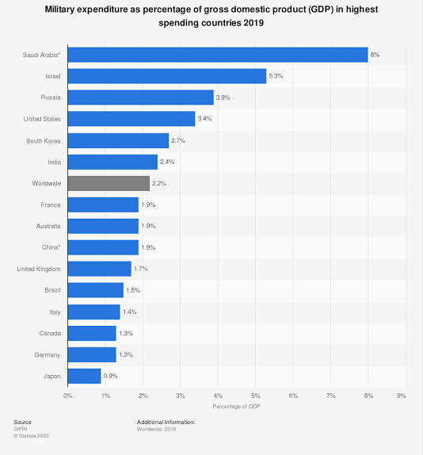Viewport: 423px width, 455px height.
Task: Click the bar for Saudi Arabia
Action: [x=218, y=55]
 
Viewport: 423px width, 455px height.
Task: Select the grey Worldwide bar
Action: [x=109, y=183]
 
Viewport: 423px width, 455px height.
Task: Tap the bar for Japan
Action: [x=85, y=376]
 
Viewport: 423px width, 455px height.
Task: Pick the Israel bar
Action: [x=167, y=76]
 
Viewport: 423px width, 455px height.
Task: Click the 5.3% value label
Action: [x=276, y=76]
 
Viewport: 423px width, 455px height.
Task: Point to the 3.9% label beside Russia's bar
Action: [x=223, y=97]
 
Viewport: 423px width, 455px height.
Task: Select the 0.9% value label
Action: [x=110, y=376]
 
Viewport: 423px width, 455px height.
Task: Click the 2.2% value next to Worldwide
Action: [x=159, y=183]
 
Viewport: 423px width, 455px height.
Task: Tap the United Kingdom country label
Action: [x=39, y=269]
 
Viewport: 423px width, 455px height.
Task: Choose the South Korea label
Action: [x=44, y=141]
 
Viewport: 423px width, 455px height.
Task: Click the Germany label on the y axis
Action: [x=48, y=355]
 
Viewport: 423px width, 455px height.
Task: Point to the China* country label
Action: [x=51, y=247]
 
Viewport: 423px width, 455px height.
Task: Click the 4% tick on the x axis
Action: [x=218, y=396]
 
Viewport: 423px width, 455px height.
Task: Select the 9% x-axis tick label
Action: [x=402, y=396]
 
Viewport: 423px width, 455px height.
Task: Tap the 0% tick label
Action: [x=68, y=396]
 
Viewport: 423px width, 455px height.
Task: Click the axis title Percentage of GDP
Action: [x=237, y=407]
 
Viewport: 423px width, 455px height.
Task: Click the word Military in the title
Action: [x=59, y=10]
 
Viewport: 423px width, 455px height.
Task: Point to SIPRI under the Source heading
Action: [x=21, y=429]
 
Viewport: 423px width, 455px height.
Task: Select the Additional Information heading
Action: [x=166, y=422]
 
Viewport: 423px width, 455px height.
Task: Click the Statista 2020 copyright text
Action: [x=32, y=436]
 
